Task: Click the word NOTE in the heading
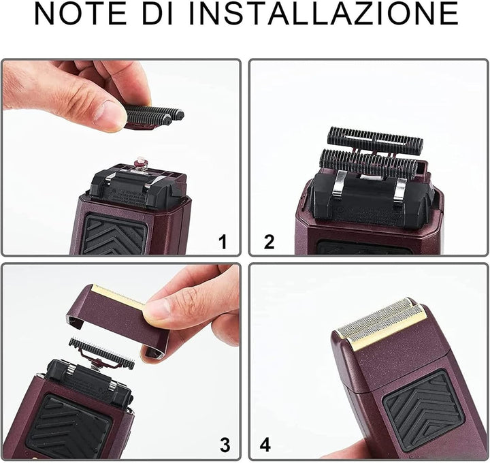[x=80, y=14]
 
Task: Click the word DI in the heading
[x=158, y=14]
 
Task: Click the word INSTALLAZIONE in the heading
[x=324, y=14]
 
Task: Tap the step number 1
[x=223, y=242]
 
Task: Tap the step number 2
[x=269, y=242]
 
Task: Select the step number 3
[x=225, y=445]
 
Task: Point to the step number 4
[x=265, y=444]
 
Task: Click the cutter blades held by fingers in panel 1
[x=154, y=116]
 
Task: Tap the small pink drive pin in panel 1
[x=141, y=163]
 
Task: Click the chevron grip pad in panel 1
[x=114, y=234]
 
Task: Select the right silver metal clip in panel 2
[x=400, y=190]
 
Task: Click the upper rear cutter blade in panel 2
[x=375, y=137]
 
